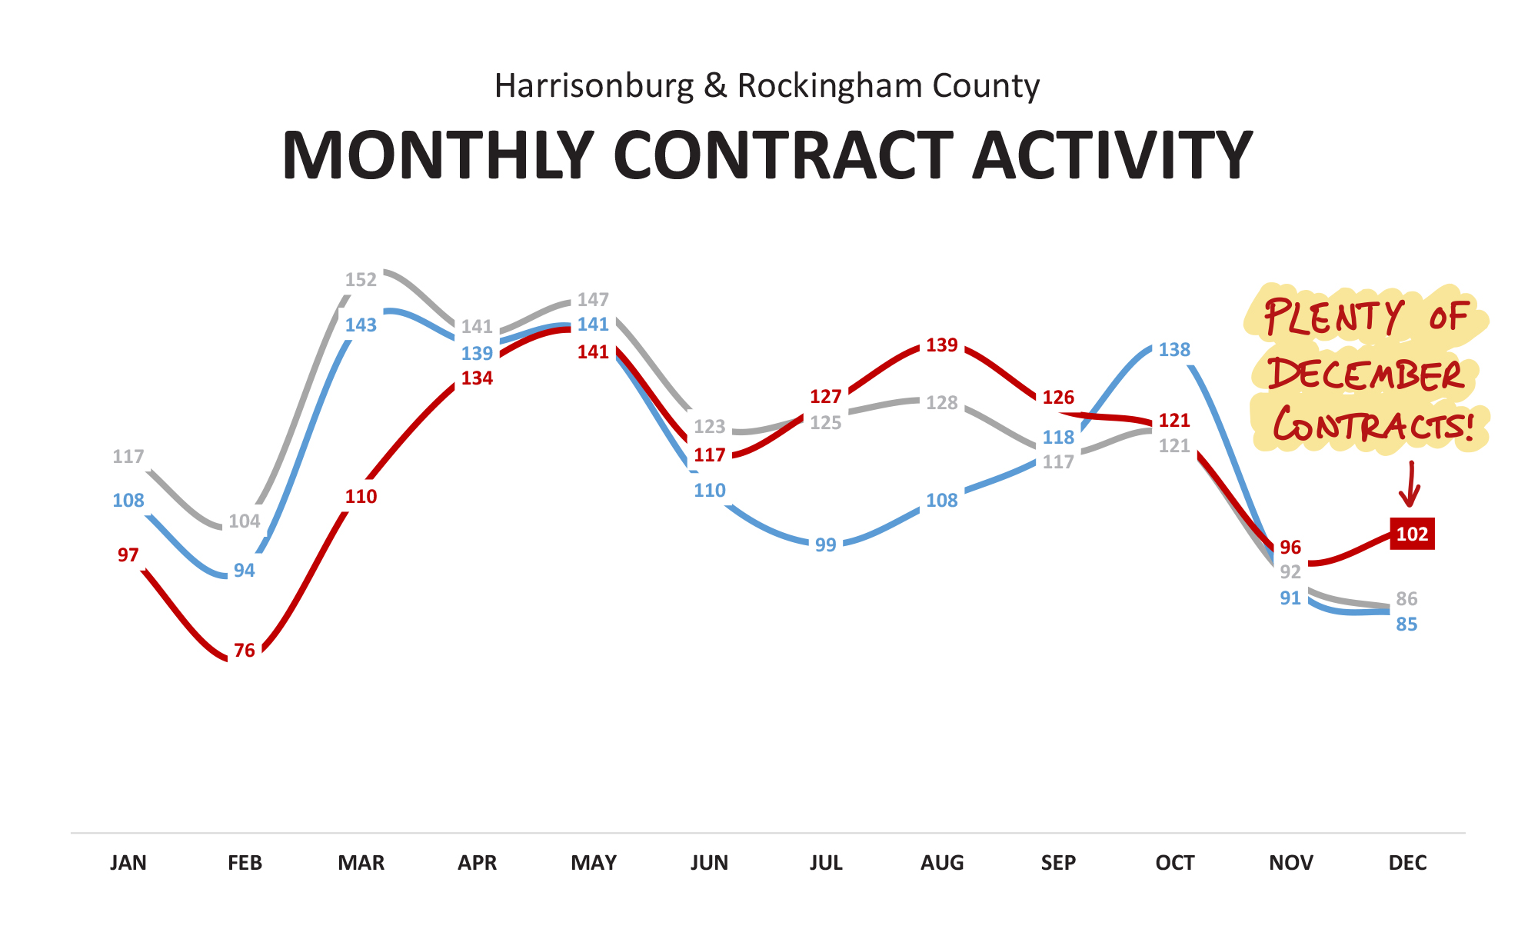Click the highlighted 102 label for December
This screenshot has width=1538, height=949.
[x=1412, y=534]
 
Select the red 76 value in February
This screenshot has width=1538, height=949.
[x=245, y=651]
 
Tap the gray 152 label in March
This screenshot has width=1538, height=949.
[x=361, y=280]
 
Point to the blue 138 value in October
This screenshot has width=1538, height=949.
[x=1174, y=350]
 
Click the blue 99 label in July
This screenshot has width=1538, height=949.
[x=825, y=545]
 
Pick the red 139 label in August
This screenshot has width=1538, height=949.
[x=942, y=345]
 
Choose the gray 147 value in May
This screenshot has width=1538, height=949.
[x=593, y=300]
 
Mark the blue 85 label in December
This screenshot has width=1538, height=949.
[x=1407, y=624]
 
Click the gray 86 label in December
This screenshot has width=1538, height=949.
[x=1407, y=599]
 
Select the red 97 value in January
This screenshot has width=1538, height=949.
[x=128, y=555]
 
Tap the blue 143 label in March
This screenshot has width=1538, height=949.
[x=361, y=325]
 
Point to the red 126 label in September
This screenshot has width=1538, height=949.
[x=1058, y=398]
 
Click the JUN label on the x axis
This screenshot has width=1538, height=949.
[x=709, y=863]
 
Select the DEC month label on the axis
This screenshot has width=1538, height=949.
[x=1407, y=863]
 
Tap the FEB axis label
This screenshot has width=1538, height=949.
[x=245, y=863]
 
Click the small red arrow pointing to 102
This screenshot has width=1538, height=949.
[x=1410, y=484]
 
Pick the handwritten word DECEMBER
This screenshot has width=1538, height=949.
[x=1366, y=375]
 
